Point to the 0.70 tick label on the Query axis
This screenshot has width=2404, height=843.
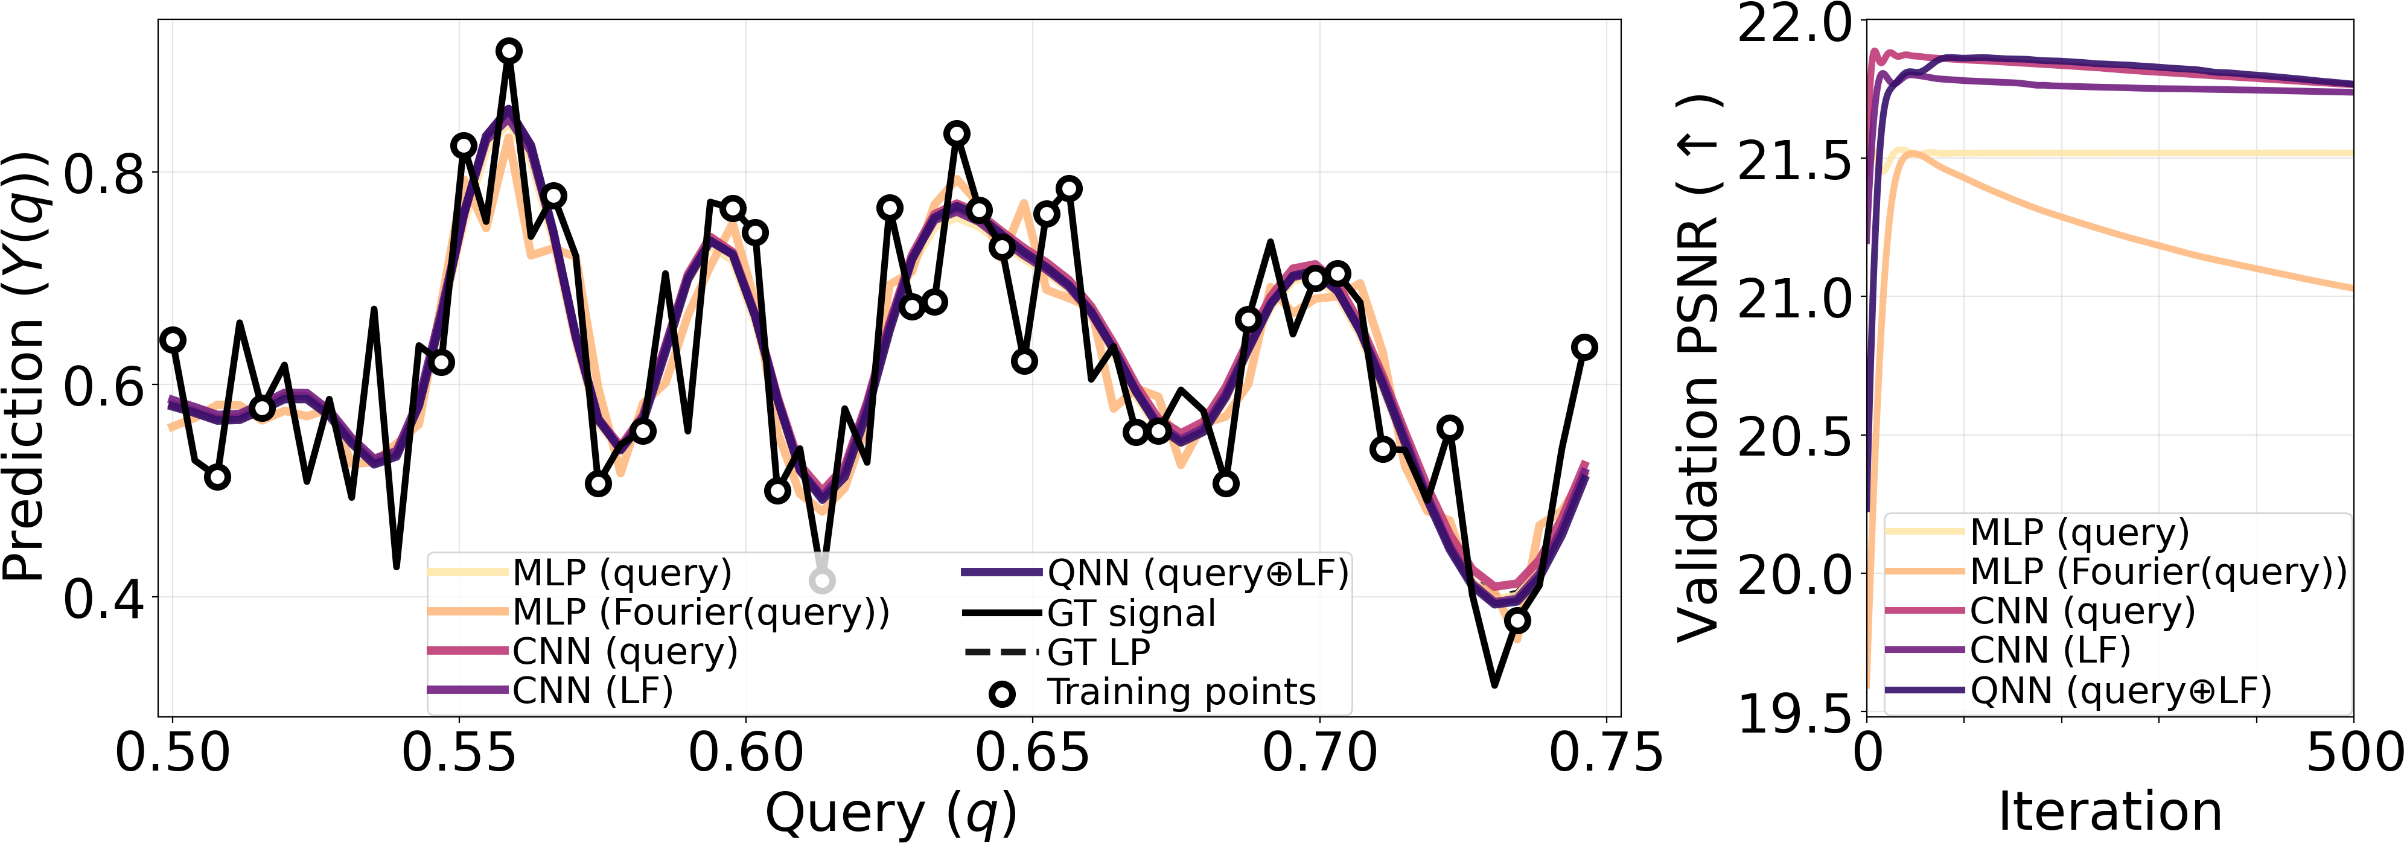(x=1319, y=754)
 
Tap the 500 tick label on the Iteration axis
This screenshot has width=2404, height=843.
(x=2354, y=754)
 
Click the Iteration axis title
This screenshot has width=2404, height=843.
(x=2109, y=811)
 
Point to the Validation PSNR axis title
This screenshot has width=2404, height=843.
(x=1698, y=368)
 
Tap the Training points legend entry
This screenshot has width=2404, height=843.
(x=1181, y=692)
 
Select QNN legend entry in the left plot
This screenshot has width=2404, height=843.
(x=1197, y=573)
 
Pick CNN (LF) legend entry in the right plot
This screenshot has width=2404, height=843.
(x=2049, y=650)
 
